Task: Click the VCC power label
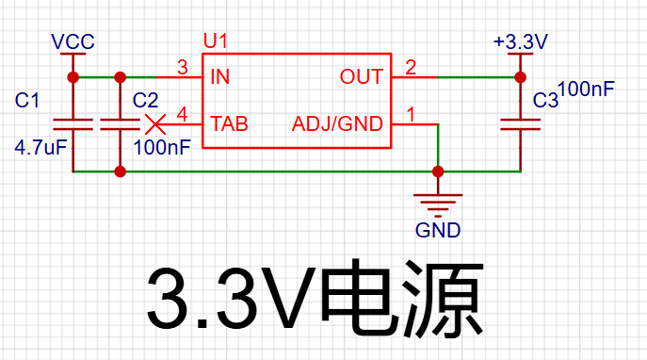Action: pos(73,41)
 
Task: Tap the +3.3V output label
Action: pos(521,41)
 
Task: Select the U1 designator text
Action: pos(215,41)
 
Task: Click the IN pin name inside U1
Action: pos(219,76)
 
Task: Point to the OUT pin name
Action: pos(362,76)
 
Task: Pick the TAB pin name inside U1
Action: pos(229,123)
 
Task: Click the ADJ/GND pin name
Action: pos(337,123)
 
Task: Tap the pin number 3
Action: pos(183,67)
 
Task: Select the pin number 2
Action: pos(411,67)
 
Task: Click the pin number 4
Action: pos(183,114)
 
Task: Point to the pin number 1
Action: pos(411,114)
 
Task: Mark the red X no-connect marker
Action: pos(155,124)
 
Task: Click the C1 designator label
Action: pos(26,100)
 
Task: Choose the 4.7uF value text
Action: pos(40,147)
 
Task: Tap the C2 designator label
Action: pos(145,100)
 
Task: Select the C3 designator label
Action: pos(545,100)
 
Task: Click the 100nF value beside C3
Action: pos(587,89)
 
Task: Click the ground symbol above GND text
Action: pos(438,205)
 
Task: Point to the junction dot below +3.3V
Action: pos(520,77)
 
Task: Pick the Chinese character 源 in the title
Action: pos(443,298)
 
